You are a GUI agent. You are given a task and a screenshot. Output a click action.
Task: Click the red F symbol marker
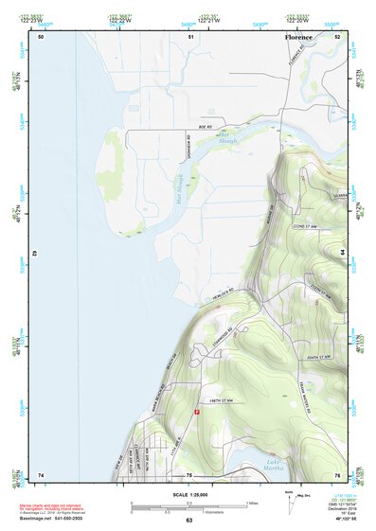tap(197, 412)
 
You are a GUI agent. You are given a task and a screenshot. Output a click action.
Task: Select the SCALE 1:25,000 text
tap(189, 495)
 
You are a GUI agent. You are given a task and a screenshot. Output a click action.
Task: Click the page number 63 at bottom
tap(188, 521)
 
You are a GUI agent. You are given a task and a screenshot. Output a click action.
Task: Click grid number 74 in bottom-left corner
tap(41, 474)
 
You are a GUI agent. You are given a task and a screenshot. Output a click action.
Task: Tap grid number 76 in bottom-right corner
tap(337, 474)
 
